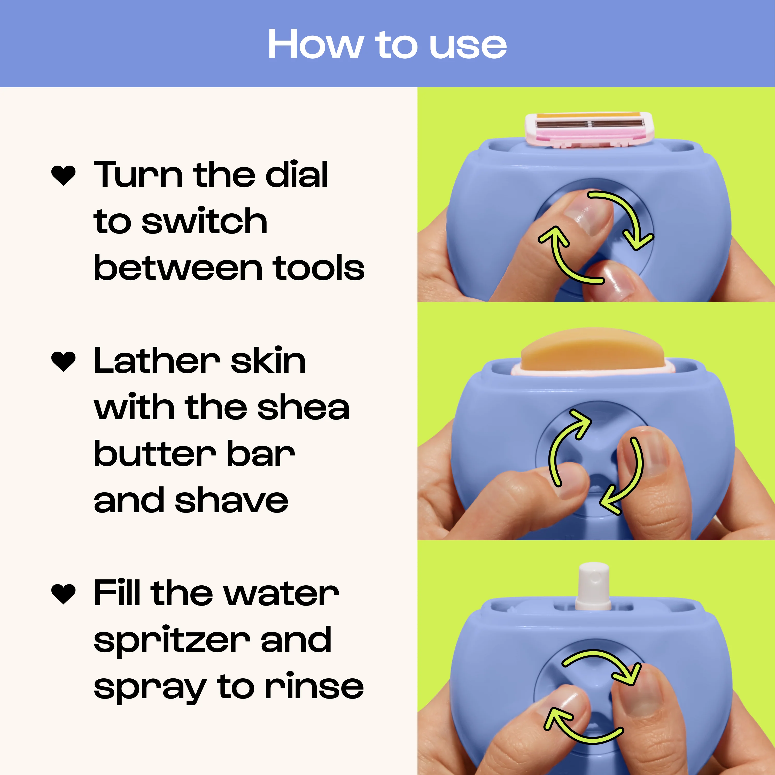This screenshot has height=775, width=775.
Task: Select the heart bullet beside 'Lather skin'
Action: click(x=63, y=361)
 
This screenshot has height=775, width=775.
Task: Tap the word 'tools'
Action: click(x=319, y=268)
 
